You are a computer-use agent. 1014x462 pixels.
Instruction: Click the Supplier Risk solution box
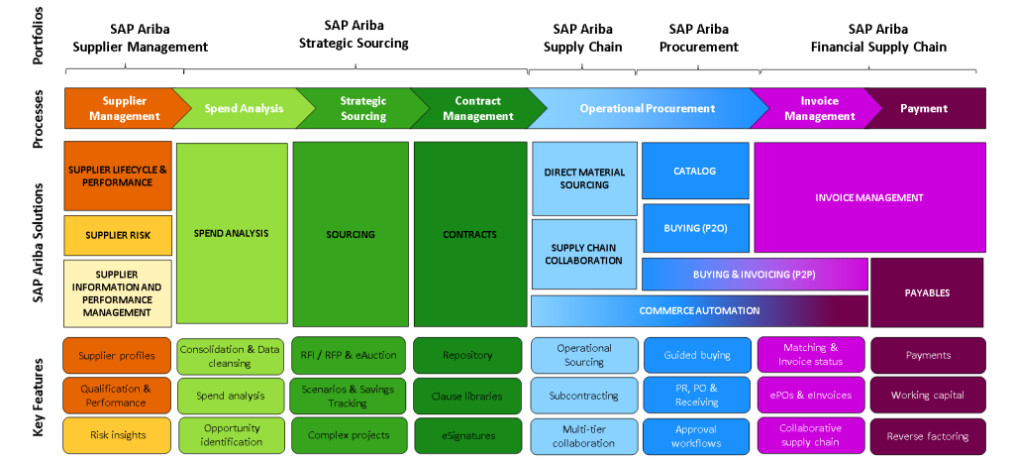point(118,235)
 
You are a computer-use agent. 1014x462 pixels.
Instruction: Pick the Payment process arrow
point(926,109)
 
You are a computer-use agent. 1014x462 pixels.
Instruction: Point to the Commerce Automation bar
point(699,310)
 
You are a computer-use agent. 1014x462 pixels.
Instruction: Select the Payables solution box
point(927,292)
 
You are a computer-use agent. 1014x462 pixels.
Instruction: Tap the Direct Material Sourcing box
point(584,178)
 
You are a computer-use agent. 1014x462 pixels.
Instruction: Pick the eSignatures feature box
point(467,435)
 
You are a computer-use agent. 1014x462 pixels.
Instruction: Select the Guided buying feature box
point(697,355)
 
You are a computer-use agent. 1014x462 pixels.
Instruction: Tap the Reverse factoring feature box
point(928,436)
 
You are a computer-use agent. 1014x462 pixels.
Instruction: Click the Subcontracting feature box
point(584,396)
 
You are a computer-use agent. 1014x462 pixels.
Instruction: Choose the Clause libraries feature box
point(467,396)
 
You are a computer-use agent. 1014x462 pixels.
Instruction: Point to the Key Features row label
point(39,397)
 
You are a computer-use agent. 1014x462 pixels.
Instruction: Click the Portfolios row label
point(39,36)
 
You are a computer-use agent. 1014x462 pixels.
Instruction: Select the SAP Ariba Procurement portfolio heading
point(698,39)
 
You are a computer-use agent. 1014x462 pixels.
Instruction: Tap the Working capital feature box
point(928,396)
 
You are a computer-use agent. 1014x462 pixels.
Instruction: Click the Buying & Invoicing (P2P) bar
point(755,275)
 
